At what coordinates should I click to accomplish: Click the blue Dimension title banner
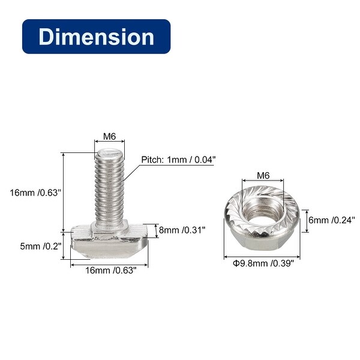[x=96, y=37]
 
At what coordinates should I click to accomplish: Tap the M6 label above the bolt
[x=110, y=137]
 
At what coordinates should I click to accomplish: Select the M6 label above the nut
[x=263, y=176]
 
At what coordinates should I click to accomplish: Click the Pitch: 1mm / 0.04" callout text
[x=179, y=160]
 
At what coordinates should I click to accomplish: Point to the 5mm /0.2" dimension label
[x=41, y=247]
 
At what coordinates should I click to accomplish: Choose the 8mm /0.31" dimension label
[x=182, y=230]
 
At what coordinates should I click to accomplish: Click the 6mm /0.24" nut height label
[x=332, y=220]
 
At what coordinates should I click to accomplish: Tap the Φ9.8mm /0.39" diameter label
[x=263, y=263]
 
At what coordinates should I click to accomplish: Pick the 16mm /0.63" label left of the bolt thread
[x=35, y=193]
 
